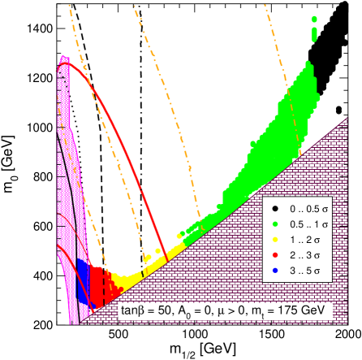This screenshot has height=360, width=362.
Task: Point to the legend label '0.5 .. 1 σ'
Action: [306, 224]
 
